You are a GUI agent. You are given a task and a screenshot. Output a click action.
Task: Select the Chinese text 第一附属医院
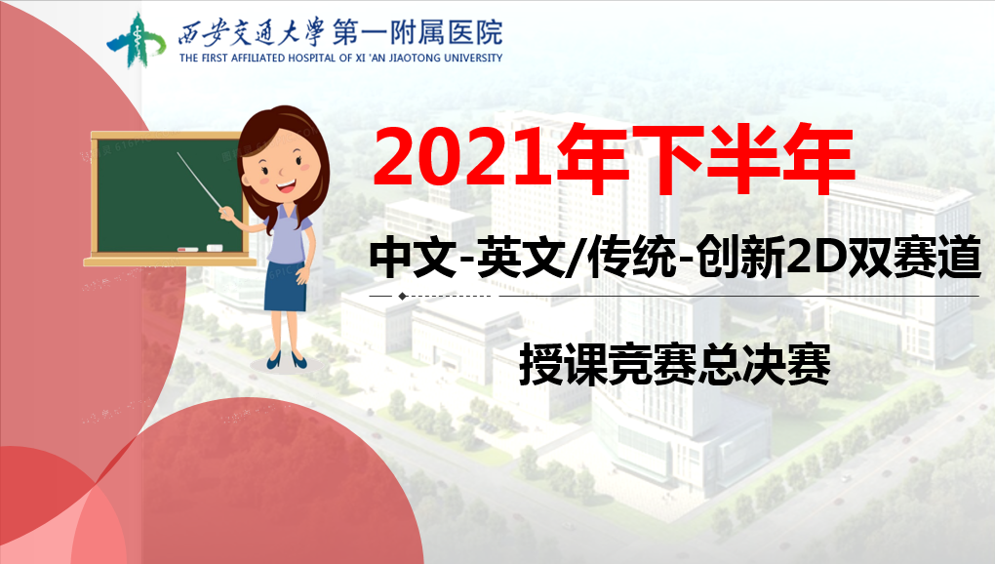(418, 32)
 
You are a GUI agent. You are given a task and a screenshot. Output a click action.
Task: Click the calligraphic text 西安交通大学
(252, 32)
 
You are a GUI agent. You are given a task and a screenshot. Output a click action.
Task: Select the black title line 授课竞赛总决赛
(674, 364)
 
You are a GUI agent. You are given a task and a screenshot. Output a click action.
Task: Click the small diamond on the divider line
(402, 297)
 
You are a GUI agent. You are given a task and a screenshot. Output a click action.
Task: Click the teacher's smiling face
(284, 170)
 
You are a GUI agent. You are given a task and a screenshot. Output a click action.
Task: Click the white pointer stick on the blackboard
(199, 181)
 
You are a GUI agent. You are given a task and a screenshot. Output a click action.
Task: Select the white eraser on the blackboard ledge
(215, 248)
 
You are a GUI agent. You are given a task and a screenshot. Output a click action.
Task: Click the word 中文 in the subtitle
(413, 257)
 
